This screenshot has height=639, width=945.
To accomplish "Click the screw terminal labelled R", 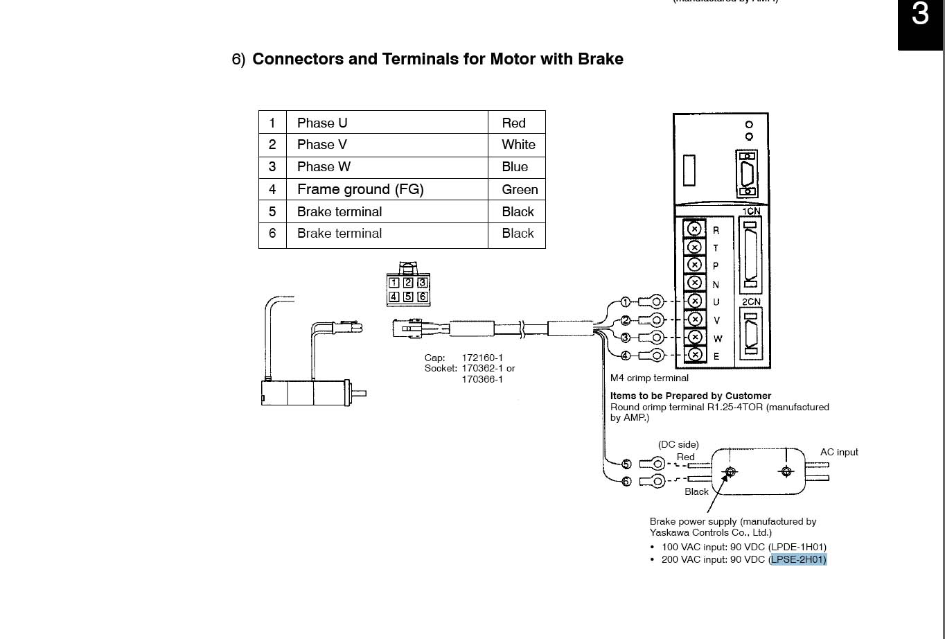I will pyautogui.click(x=694, y=229).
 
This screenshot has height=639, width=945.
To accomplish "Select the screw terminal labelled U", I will pyautogui.click(x=694, y=301).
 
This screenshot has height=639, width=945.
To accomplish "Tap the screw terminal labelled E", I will pyautogui.click(x=694, y=355).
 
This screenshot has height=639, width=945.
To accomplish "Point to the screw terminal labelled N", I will pyautogui.click(x=694, y=283).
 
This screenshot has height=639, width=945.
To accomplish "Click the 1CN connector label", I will pyautogui.click(x=751, y=211).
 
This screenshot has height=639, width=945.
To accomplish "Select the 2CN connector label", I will pyautogui.click(x=751, y=302).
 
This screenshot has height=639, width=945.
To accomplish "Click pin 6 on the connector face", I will pyautogui.click(x=422, y=297).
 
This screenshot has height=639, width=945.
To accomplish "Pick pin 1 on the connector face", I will pyautogui.click(x=394, y=283).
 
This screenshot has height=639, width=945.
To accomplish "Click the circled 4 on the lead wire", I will pyautogui.click(x=625, y=356).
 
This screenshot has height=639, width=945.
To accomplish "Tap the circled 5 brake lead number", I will pyautogui.click(x=626, y=464).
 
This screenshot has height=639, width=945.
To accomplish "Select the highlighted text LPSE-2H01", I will pyautogui.click(x=798, y=559).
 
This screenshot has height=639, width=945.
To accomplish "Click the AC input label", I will pyautogui.click(x=839, y=452).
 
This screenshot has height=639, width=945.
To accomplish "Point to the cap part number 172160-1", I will pyautogui.click(x=482, y=358).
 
